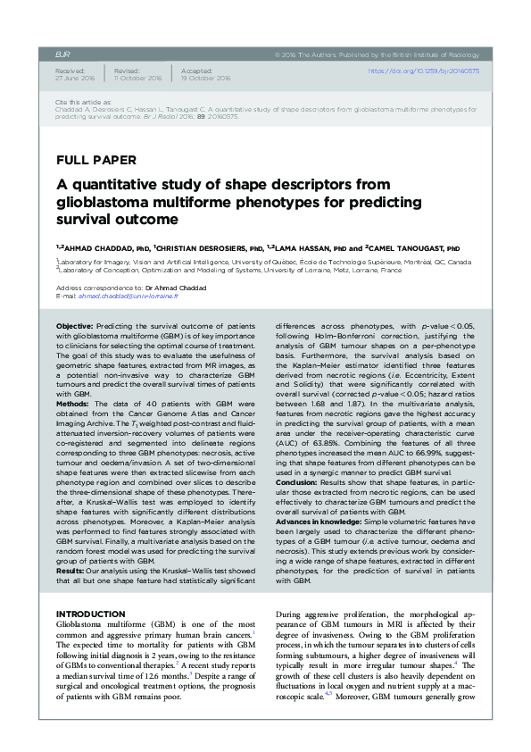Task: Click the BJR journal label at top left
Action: click(x=62, y=54)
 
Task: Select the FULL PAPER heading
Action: click(x=96, y=161)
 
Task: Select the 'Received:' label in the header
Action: click(x=70, y=69)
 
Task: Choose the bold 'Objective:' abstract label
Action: click(x=75, y=328)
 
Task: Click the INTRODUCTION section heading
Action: click(x=91, y=614)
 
